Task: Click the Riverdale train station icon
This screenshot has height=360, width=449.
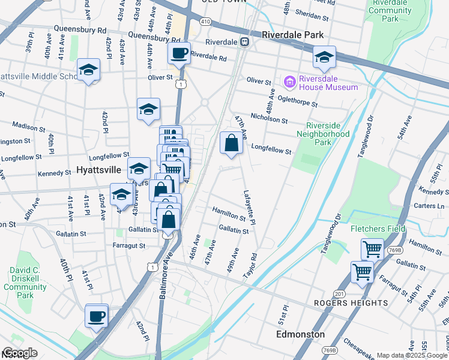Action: coord(245,42)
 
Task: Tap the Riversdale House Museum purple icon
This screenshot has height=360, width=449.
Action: coord(290,81)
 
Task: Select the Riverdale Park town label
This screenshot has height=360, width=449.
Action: coord(292,35)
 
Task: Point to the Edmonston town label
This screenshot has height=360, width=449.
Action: coord(300,334)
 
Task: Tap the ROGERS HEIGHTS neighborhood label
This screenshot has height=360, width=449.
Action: coord(351,303)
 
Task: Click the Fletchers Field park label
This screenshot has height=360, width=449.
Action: coord(378,229)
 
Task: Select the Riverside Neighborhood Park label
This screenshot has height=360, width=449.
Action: coord(327,134)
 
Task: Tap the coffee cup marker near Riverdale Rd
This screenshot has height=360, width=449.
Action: coord(179,53)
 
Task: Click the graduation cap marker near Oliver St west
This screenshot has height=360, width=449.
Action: coord(88,70)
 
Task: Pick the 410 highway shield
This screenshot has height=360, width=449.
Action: coord(206,22)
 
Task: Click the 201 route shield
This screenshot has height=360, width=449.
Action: coord(339,293)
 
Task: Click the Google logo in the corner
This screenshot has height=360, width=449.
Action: coord(20,353)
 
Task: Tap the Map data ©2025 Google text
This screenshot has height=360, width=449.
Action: coord(412,355)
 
